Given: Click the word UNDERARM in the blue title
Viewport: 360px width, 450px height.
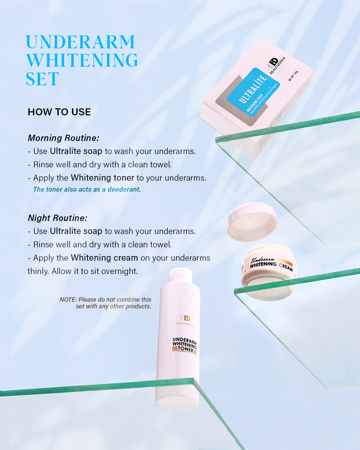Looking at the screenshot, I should click(80, 42).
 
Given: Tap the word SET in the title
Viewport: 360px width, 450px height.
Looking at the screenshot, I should click(42, 79).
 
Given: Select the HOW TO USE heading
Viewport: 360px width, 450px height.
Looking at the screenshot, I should click(59, 112).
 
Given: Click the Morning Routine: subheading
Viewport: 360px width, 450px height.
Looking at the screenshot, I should click(63, 138).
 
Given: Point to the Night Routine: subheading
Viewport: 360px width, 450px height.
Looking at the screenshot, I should click(57, 218).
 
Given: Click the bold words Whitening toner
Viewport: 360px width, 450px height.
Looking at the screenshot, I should click(102, 178).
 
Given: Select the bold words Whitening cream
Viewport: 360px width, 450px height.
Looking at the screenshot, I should click(104, 258).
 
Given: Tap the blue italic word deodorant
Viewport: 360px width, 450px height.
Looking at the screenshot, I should click(124, 189).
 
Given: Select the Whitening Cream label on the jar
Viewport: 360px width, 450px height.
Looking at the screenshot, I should click(271, 264).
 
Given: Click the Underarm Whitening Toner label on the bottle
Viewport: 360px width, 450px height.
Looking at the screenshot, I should click(184, 345).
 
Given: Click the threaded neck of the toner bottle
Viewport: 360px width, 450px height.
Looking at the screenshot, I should click(181, 275).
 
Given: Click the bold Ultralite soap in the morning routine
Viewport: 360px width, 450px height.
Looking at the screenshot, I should click(76, 151).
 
